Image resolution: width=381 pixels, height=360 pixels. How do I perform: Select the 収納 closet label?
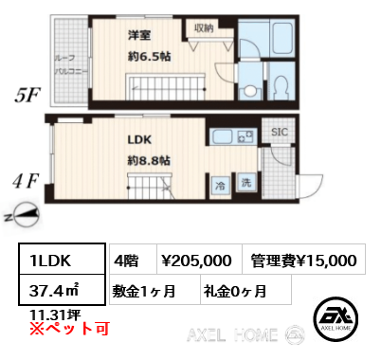(205, 29)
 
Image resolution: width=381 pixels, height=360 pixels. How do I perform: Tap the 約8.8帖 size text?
(149, 160)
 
